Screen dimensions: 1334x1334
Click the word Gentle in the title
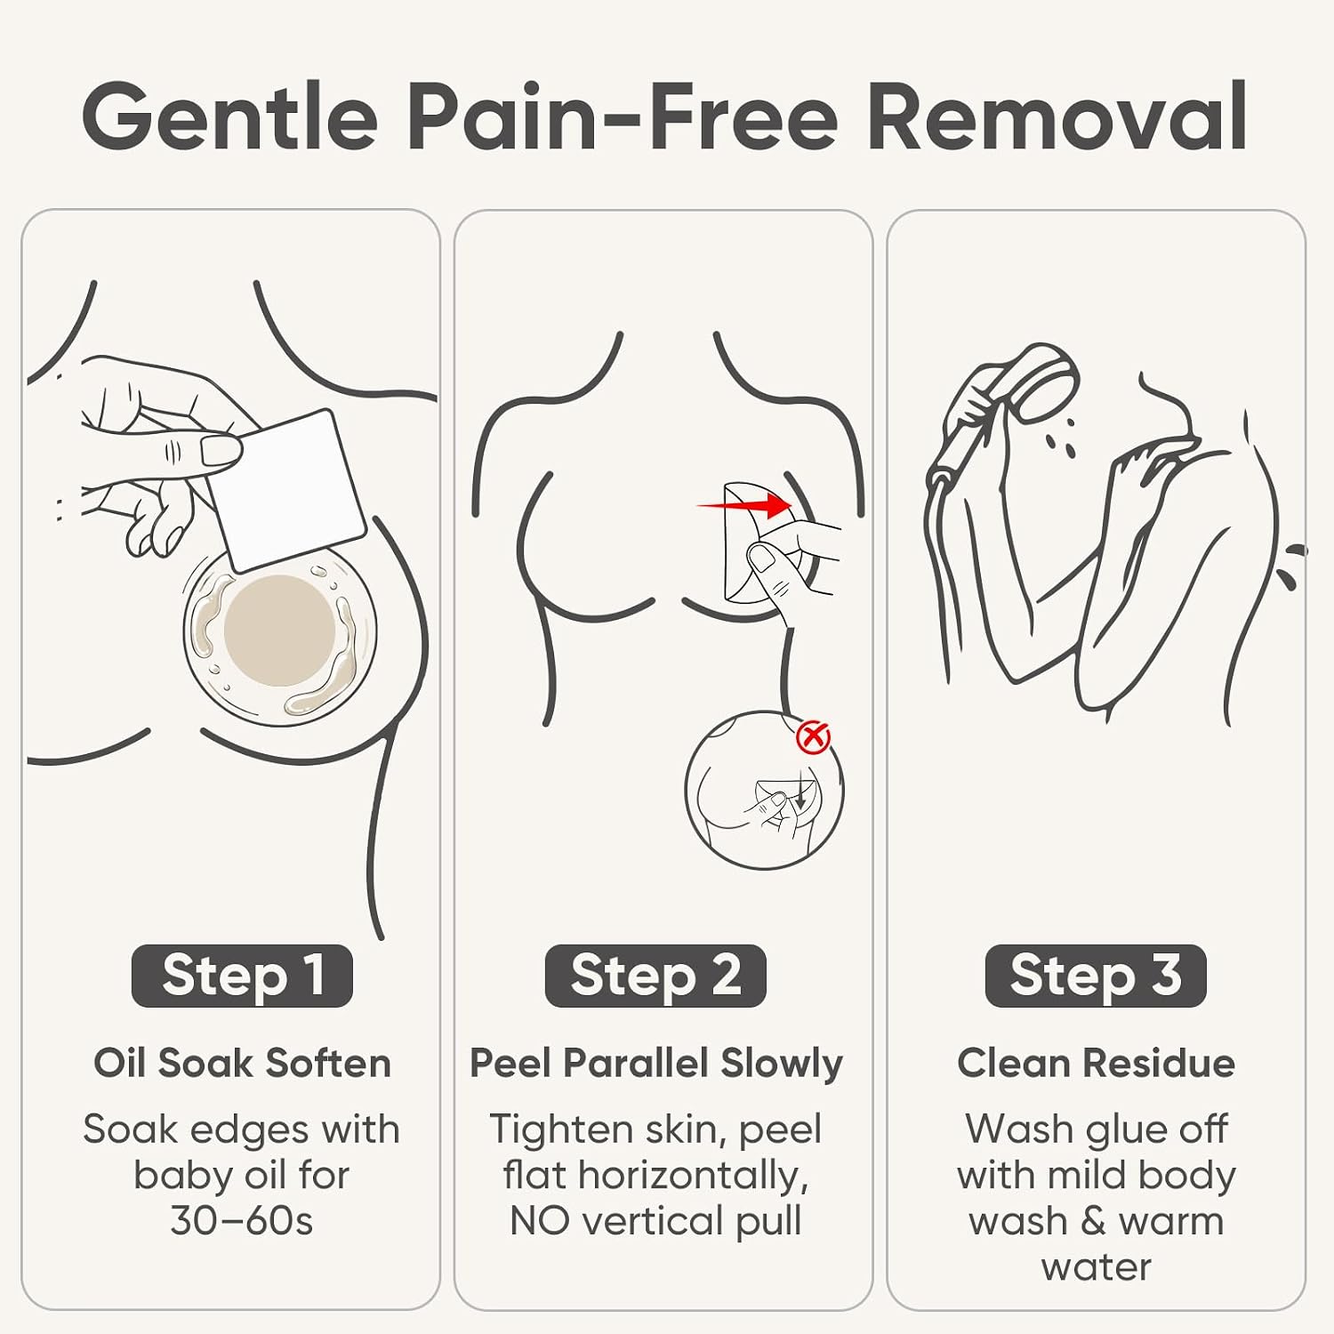click(x=230, y=117)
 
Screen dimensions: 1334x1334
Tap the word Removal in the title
click(x=1057, y=117)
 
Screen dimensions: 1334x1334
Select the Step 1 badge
click(x=242, y=976)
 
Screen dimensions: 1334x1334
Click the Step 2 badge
click(x=655, y=976)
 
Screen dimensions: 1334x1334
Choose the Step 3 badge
click(x=1096, y=976)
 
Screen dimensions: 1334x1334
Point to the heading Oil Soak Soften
click(x=242, y=1063)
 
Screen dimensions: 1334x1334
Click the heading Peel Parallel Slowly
click(x=655, y=1064)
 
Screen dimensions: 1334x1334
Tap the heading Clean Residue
click(x=1096, y=1063)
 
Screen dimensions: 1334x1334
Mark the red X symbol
click(x=812, y=737)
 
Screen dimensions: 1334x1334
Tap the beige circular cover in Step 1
click(x=279, y=631)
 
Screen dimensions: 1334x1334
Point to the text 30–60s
click(x=242, y=1221)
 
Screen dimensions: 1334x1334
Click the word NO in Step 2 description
click(x=540, y=1221)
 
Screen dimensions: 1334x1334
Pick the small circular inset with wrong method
click(x=764, y=790)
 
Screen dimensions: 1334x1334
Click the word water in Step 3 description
click(x=1096, y=1267)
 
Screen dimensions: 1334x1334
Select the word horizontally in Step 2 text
click(x=693, y=1176)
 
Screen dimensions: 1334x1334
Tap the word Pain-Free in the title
click(x=623, y=117)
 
